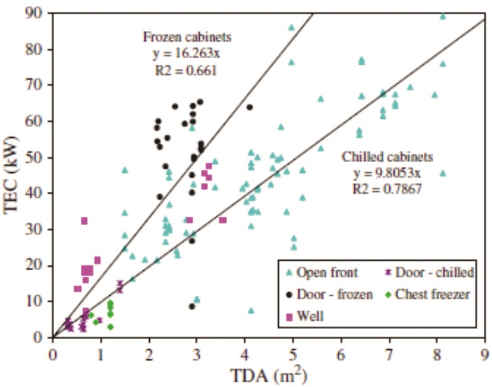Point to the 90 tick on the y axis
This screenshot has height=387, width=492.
tap(39, 13)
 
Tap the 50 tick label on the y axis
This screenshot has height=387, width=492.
tap(39, 157)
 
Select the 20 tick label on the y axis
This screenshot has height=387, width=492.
tap(39, 265)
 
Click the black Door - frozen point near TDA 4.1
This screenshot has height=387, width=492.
tap(250, 107)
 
